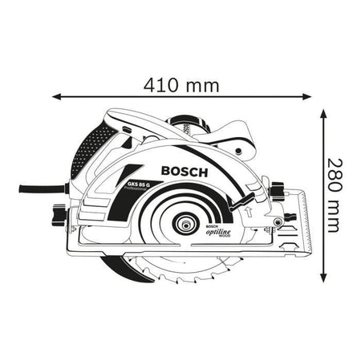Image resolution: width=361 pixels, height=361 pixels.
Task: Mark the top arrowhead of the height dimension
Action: click(323, 114)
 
